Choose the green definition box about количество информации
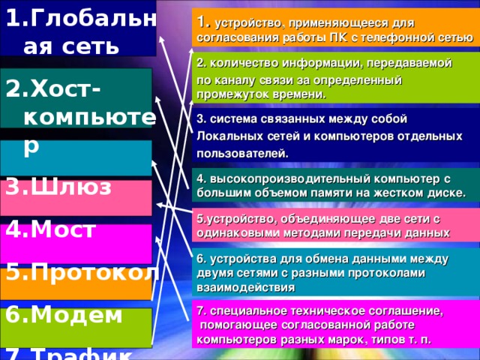[334, 79]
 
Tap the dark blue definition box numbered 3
[334, 135]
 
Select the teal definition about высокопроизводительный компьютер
[334, 185]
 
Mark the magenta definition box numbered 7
[334, 324]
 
